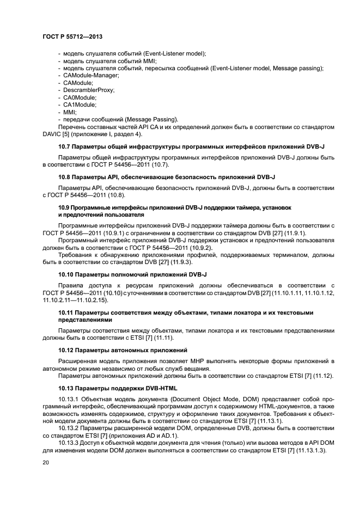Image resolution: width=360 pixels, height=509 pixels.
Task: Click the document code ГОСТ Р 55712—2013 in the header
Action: point(72,36)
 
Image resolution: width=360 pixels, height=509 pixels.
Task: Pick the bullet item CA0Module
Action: point(80,97)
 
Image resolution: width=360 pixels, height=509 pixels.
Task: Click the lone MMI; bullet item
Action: point(70,112)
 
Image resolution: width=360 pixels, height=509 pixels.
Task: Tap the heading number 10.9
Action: point(64,207)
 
